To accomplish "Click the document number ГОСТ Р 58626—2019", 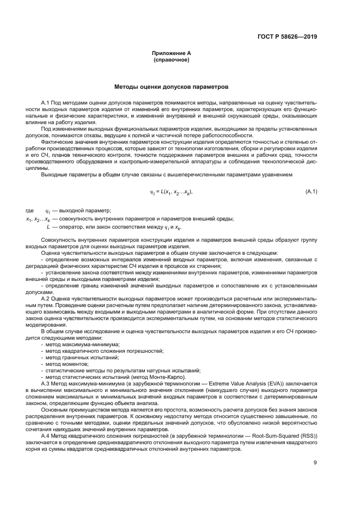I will coord(287,37).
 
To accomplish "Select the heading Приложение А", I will coord(172,53).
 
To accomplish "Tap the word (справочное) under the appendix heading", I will coord(172,59).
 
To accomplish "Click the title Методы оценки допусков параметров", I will coord(172,87).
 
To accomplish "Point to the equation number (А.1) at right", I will coord(311,192).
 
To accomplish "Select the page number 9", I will coord(315,463).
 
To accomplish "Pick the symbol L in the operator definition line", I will coord(48,226).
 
